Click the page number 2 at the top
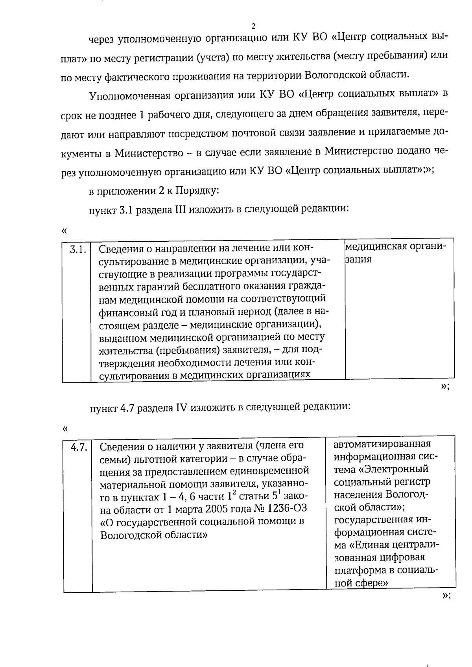click(253, 26)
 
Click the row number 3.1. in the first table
click(77, 249)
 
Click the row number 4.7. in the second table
click(79, 447)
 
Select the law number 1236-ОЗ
click(287, 509)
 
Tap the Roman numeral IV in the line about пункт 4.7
click(180, 407)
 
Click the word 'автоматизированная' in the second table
click(382, 444)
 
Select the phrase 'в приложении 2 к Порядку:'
click(154, 191)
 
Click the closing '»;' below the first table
click(444, 387)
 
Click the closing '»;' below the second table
click(446, 596)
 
